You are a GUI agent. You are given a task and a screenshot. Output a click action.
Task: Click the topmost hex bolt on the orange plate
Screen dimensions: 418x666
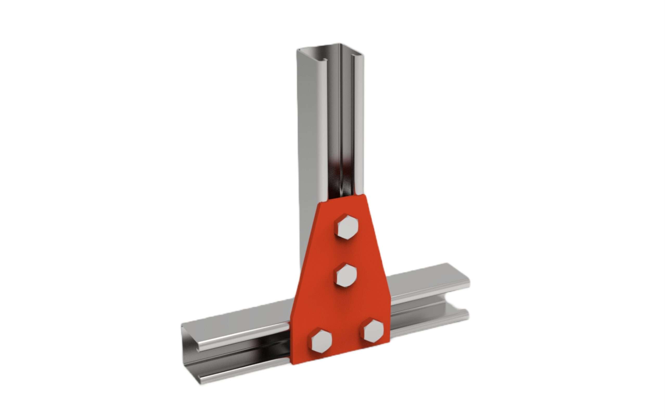pos(346,226)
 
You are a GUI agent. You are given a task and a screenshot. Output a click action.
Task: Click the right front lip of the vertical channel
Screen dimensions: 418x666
pos(357,124)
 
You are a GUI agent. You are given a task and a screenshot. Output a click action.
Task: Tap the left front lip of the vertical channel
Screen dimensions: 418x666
pos(332,124)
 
